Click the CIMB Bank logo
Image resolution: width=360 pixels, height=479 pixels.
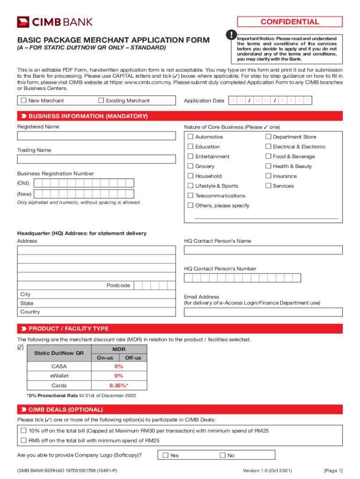pos(55,22)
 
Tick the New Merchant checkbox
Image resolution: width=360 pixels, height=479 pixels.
pos(23,101)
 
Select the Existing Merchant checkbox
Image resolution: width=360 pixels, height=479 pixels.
pos(101,101)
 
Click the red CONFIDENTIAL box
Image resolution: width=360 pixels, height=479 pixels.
pos(290,22)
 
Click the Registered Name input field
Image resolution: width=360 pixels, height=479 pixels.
pos(96,136)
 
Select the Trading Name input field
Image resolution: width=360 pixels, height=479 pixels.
pos(96,160)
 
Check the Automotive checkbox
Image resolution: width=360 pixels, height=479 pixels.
pos(190,137)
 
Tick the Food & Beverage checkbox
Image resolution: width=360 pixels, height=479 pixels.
pos(268,157)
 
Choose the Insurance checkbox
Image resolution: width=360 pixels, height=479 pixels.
pos(268,176)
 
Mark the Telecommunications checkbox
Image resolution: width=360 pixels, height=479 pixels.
pos(190,196)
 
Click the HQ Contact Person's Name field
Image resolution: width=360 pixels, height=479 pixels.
pos(263,250)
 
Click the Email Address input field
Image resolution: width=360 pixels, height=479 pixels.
pos(263,312)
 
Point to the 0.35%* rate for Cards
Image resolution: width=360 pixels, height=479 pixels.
pos(119,386)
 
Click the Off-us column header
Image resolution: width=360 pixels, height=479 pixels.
pos(133,358)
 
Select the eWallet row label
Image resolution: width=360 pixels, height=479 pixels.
pos(59,376)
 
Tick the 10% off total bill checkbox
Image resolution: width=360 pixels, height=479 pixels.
pos(23,431)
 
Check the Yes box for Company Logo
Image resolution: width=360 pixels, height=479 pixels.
pos(165,455)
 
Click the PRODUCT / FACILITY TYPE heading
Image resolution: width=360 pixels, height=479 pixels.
pos(68,329)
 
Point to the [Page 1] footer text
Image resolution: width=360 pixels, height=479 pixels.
pos(333,471)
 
